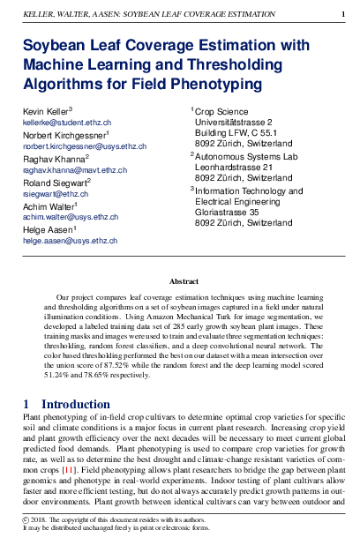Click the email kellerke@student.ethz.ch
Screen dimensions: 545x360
click(66, 123)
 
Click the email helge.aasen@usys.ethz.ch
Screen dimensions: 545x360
click(70, 240)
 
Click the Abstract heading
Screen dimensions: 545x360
click(184, 281)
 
